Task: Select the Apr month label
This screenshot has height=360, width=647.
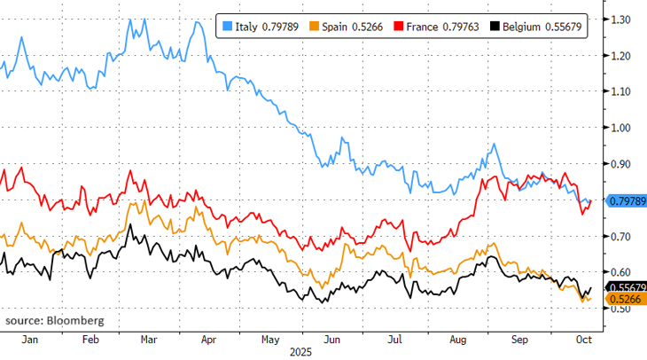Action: click(x=208, y=340)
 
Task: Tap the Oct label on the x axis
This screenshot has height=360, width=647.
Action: click(x=583, y=340)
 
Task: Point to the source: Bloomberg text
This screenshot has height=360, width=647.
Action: click(x=54, y=319)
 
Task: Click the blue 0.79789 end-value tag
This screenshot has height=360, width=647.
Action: click(x=628, y=202)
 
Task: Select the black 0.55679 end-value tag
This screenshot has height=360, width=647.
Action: click(x=628, y=287)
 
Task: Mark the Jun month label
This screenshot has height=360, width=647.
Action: click(x=333, y=340)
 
